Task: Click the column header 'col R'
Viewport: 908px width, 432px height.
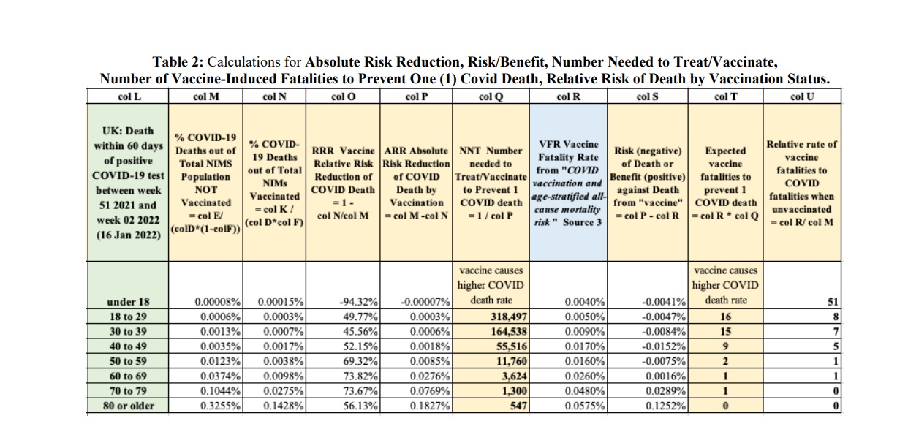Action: point(568,96)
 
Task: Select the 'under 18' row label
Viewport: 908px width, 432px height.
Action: point(128,302)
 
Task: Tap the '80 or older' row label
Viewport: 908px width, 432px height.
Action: point(129,406)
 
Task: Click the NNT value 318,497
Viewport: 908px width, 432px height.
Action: point(508,317)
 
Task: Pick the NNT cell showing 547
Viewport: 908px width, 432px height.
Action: point(518,406)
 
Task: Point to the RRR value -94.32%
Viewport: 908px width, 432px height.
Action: point(358,302)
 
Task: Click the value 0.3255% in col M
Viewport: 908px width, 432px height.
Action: point(220,406)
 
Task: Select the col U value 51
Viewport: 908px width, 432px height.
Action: point(833,302)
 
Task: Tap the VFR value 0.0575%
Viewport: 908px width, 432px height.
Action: point(585,406)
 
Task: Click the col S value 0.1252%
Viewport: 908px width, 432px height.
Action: point(665,406)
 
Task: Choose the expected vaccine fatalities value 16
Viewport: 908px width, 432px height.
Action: point(725,317)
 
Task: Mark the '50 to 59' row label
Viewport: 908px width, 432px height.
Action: point(128,361)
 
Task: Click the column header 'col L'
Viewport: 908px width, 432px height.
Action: point(129,96)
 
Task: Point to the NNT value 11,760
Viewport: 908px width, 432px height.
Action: point(512,361)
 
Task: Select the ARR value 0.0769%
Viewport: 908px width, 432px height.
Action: point(430,390)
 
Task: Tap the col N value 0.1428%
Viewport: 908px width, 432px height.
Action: point(284,406)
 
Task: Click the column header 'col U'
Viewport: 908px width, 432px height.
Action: point(802,96)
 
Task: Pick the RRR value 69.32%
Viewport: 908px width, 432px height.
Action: point(360,361)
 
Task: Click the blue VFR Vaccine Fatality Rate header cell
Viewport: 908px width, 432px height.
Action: point(568,182)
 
